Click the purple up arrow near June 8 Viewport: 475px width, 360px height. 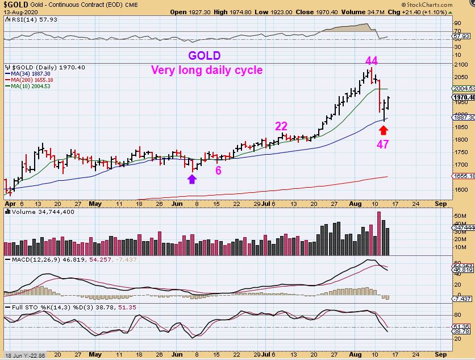191,179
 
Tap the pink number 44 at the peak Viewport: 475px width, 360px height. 372,61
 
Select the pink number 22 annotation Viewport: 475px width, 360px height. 281,126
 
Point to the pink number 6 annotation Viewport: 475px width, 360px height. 218,170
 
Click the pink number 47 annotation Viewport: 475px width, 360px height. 383,144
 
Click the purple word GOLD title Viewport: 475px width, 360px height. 205,56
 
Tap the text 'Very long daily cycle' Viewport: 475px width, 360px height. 207,70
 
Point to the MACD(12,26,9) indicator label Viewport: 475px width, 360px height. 40,259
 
